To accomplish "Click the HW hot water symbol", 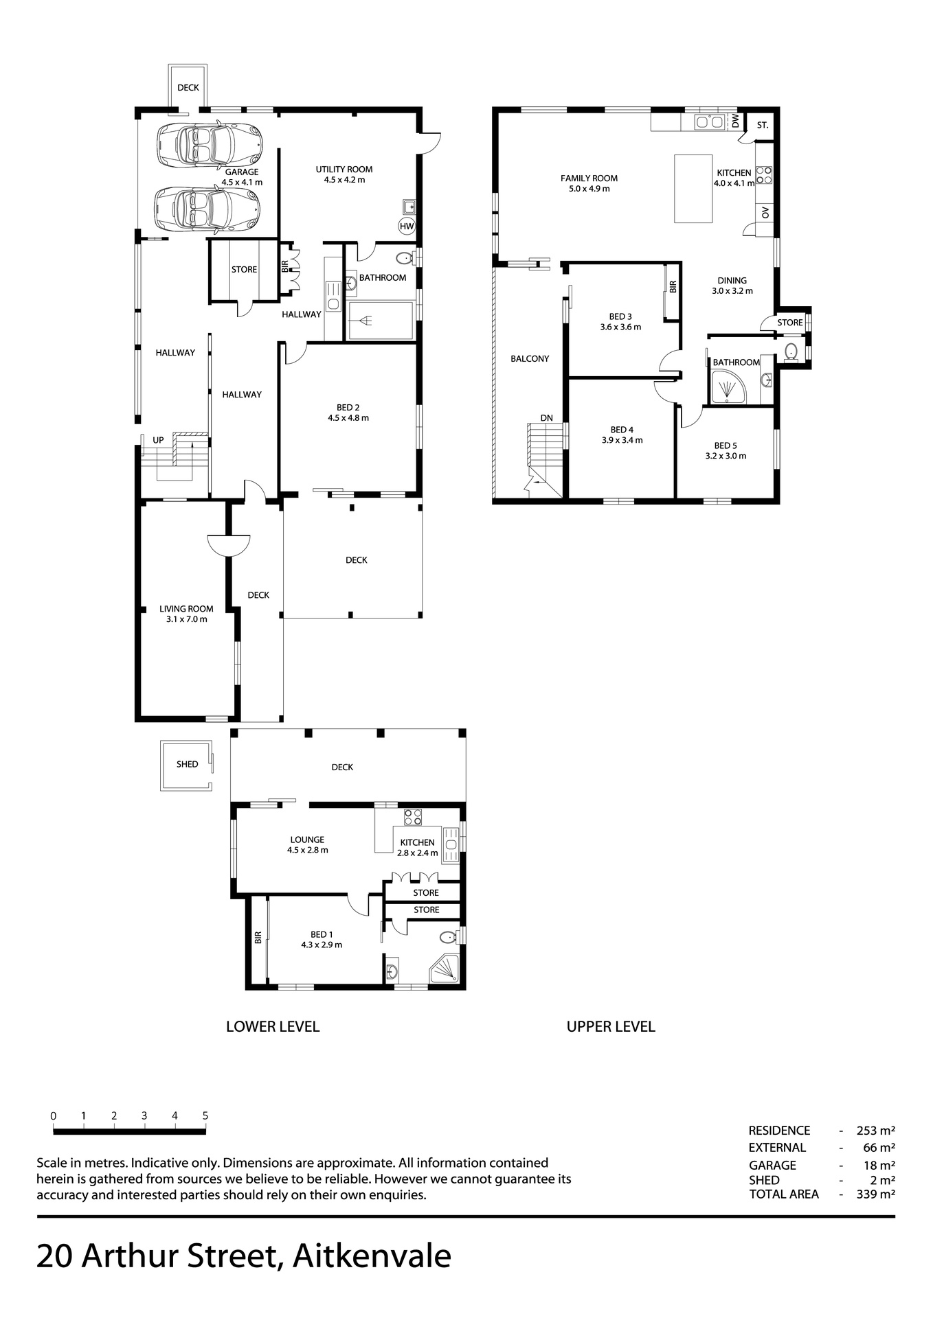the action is (407, 226).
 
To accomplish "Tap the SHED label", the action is (187, 764).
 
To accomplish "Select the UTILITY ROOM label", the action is (344, 170).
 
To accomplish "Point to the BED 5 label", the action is (726, 446).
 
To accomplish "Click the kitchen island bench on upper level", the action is (693, 188).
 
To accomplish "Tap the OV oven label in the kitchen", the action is (765, 213).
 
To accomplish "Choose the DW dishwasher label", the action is (735, 122).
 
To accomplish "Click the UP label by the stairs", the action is (158, 439).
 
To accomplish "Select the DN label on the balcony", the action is (546, 417).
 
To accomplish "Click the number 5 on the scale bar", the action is (205, 1115).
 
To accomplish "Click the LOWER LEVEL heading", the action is (273, 1026).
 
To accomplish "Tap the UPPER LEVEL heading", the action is (611, 1026).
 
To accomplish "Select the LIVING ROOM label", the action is (186, 609).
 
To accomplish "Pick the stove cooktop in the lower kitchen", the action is (413, 817).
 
